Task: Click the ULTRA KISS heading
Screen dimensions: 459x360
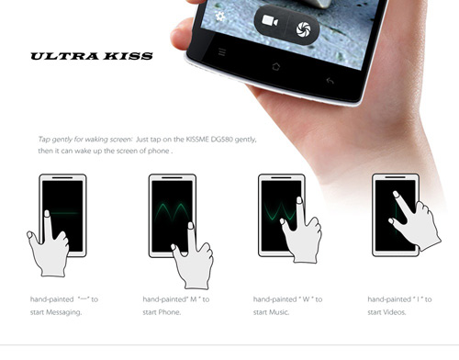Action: (92, 56)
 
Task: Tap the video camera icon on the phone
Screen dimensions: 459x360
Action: (270, 21)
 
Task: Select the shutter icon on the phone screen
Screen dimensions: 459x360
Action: (303, 29)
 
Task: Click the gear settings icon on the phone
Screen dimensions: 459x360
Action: (219, 17)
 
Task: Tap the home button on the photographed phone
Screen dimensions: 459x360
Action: (275, 66)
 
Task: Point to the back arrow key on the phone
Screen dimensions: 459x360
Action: (330, 81)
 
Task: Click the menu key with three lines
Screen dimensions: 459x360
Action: (222, 52)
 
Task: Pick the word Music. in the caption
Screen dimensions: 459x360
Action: (279, 312)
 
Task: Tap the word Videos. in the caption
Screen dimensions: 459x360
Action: (394, 312)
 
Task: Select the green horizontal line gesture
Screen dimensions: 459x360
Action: (63, 213)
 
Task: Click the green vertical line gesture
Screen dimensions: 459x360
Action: (397, 214)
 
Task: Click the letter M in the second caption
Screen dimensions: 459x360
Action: (194, 299)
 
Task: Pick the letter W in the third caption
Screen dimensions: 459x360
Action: (306, 299)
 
